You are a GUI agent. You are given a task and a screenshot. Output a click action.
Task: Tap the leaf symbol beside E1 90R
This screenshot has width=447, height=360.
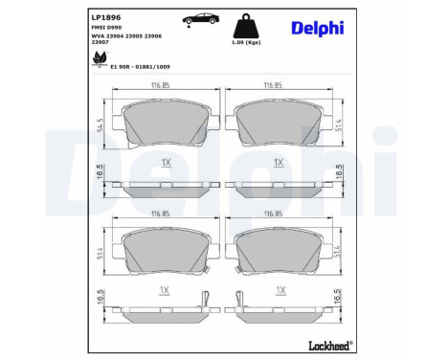pyautogui.click(x=98, y=60)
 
